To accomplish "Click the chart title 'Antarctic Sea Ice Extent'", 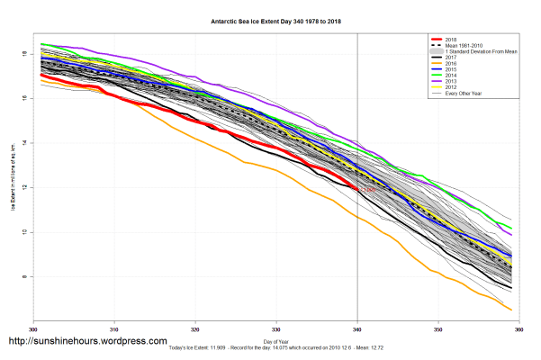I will [x=270, y=19].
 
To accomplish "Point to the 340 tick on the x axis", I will [x=358, y=326].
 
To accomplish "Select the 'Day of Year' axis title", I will [x=276, y=341].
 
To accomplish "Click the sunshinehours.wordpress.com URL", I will [x=87, y=342].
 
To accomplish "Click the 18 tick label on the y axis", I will [x=25, y=54].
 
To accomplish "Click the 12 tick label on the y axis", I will [x=25, y=187].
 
